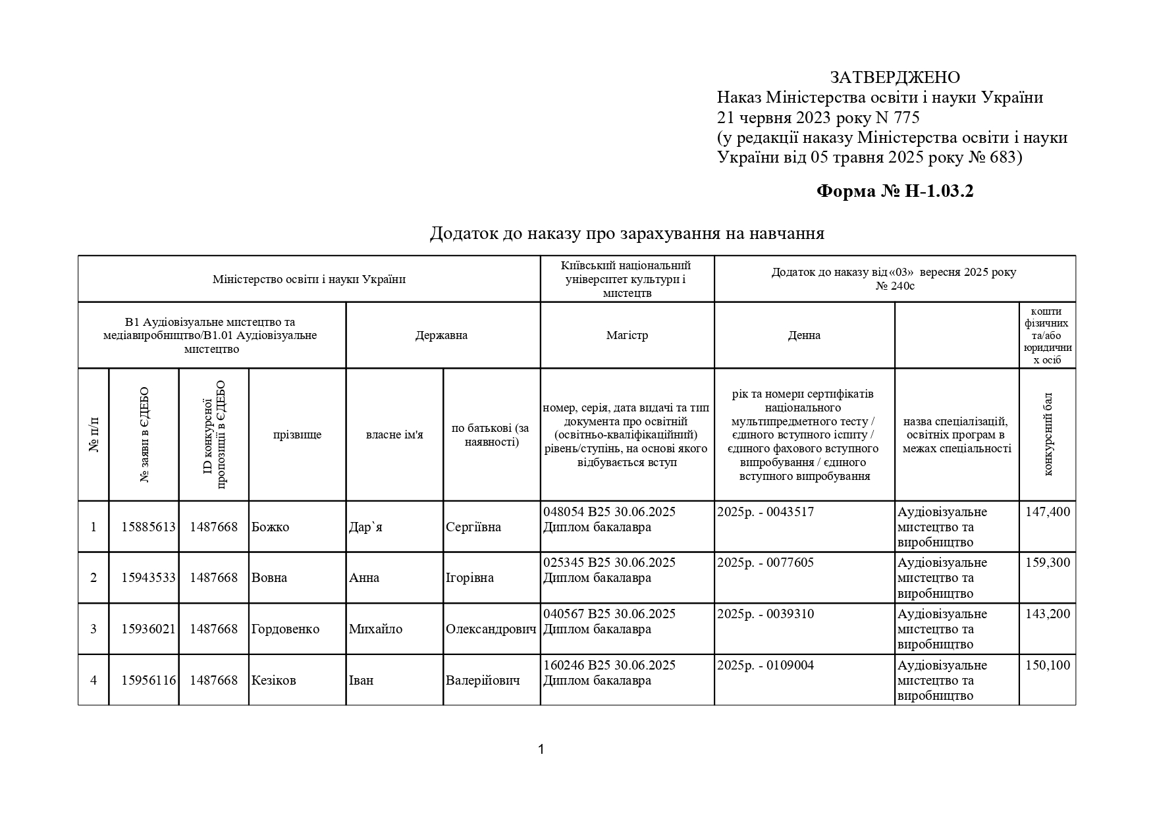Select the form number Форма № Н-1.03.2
[x=895, y=192]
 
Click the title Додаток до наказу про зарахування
[x=627, y=234]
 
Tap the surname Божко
[x=271, y=527]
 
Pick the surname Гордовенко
[x=285, y=629]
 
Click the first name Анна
[x=364, y=578]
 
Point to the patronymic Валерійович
[x=483, y=681]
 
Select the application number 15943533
[x=148, y=578]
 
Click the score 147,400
[x=1048, y=512]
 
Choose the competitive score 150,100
[x=1048, y=666]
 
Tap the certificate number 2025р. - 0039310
[x=765, y=614]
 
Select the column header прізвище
[x=297, y=435]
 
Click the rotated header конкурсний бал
[x=1048, y=435]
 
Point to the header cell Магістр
[x=627, y=335]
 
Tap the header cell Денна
[x=804, y=335]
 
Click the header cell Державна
[x=441, y=335]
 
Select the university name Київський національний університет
[x=626, y=279]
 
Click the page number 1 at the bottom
[x=541, y=749]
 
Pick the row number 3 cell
[x=94, y=629]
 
